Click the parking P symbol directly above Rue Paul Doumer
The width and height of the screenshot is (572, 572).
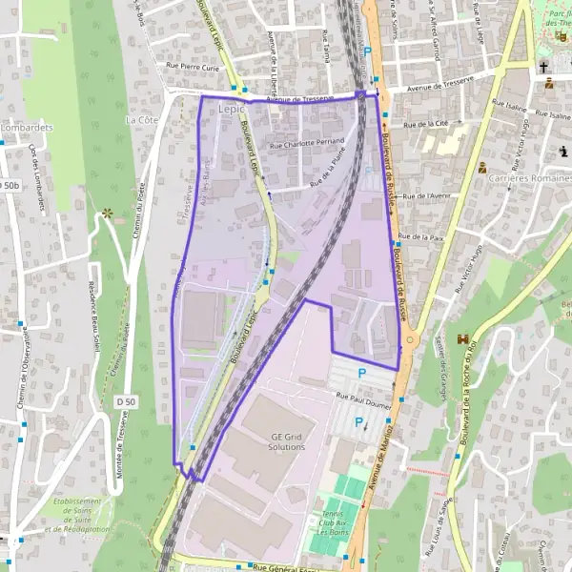pyautogui.click(x=361, y=374)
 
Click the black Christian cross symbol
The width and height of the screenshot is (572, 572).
pyautogui.click(x=543, y=68)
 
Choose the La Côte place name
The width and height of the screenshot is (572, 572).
pyautogui.click(x=141, y=121)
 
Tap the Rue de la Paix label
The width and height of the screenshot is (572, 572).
pyautogui.click(x=421, y=235)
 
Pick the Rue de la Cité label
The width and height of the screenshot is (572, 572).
pyautogui.click(x=426, y=124)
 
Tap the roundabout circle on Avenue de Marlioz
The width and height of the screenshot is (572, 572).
pyautogui.click(x=409, y=338)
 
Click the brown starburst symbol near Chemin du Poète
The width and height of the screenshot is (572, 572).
pyautogui.click(x=108, y=214)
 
